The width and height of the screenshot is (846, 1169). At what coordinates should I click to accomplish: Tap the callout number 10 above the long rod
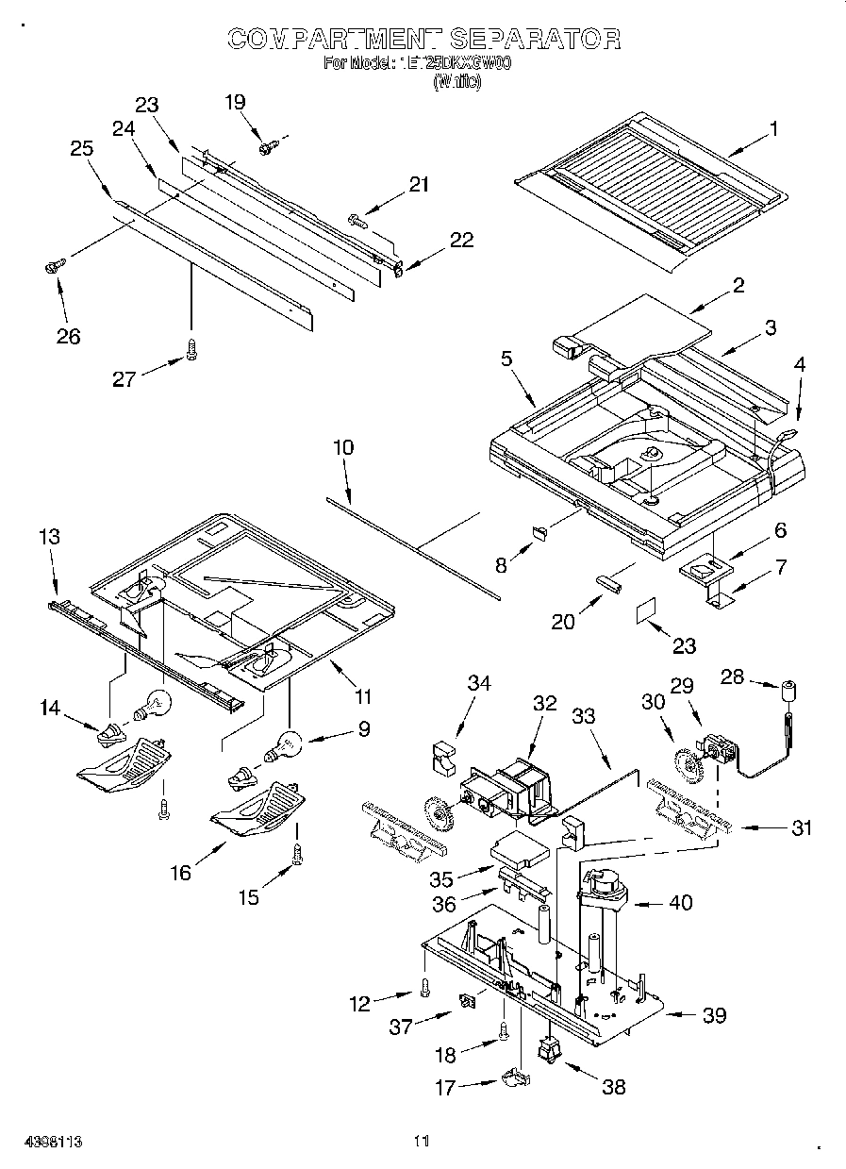click(343, 447)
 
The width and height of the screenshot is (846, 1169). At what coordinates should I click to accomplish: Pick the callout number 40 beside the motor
click(679, 903)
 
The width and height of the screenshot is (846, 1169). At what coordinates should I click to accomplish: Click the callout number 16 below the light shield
click(180, 873)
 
